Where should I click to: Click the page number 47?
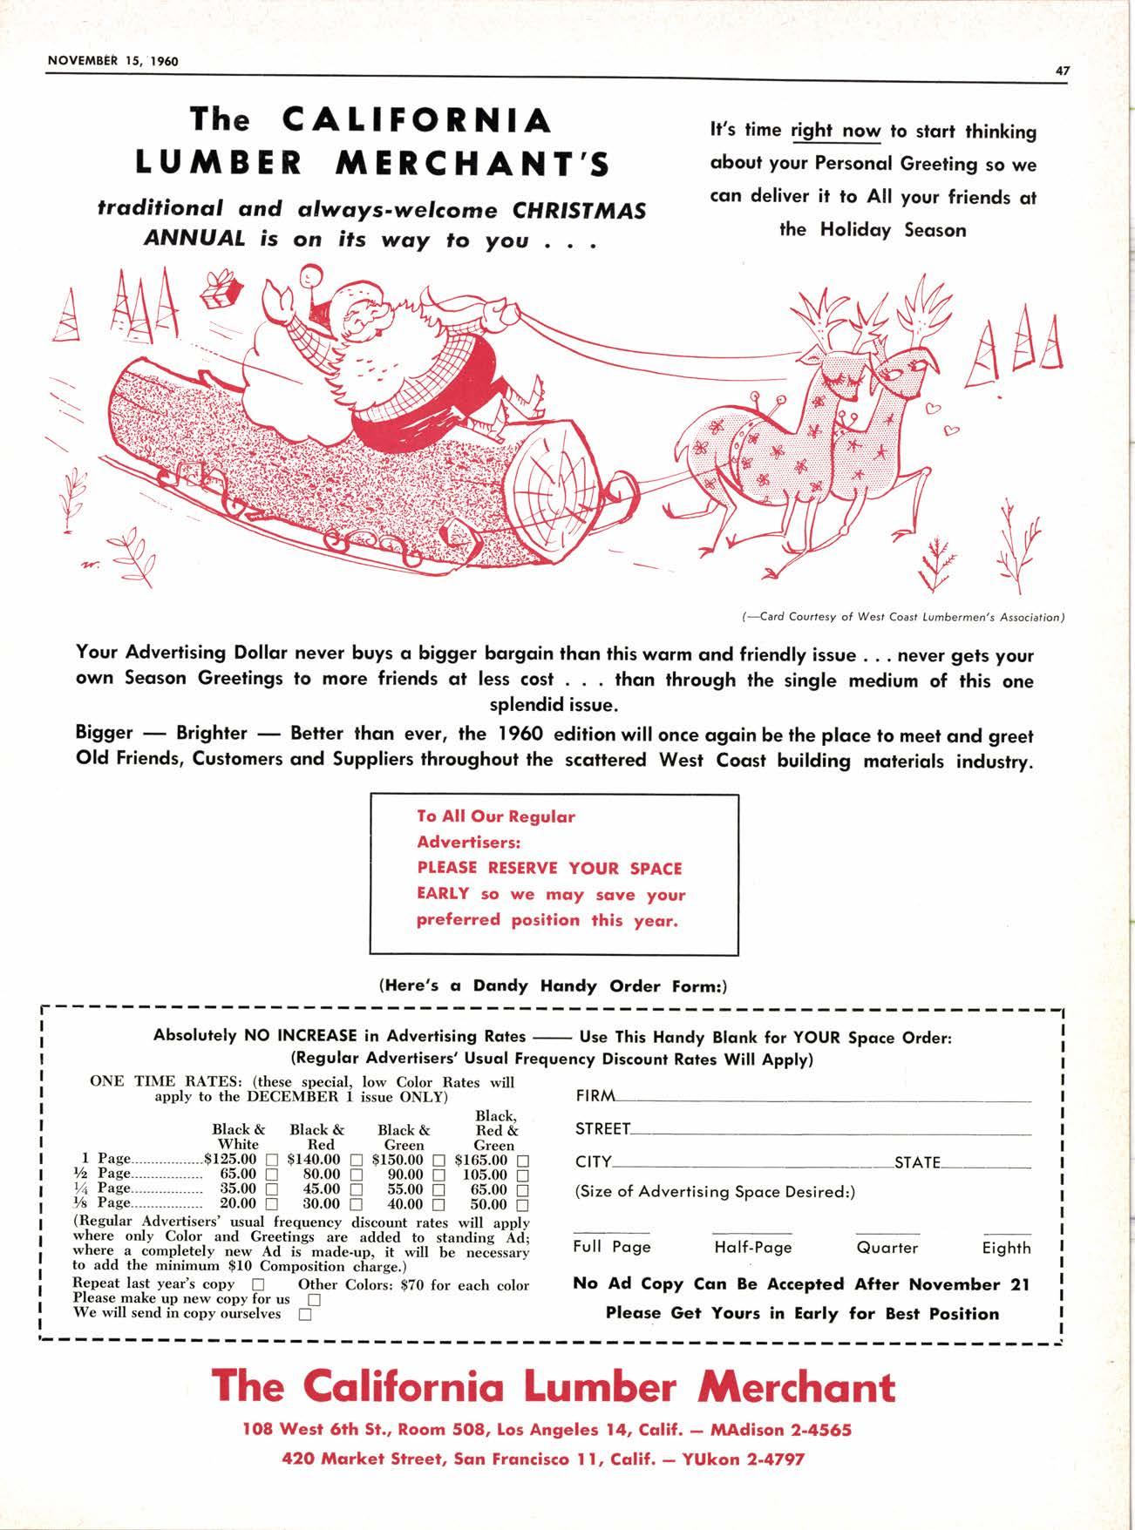click(x=1062, y=71)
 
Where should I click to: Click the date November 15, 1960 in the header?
click(x=112, y=61)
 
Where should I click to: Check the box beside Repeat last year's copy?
click(x=258, y=1285)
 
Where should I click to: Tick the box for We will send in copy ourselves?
click(x=305, y=1315)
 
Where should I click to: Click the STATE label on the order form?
click(x=917, y=1162)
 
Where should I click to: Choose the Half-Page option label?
click(x=752, y=1248)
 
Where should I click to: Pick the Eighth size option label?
click(x=1006, y=1248)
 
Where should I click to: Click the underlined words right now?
click(x=835, y=132)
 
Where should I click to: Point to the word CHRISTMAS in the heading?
click(x=578, y=211)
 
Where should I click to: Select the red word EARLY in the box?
click(x=443, y=893)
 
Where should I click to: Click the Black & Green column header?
click(x=404, y=1137)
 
